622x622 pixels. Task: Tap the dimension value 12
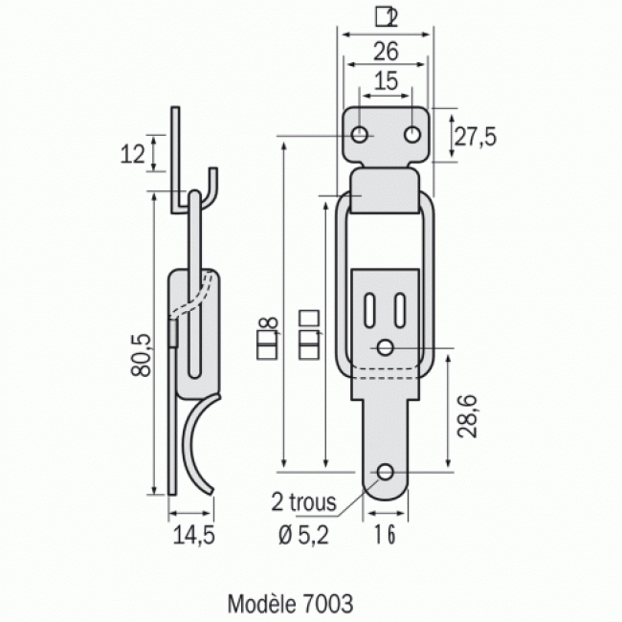click(x=135, y=153)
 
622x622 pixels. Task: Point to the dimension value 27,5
click(x=475, y=137)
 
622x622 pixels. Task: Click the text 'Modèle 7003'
click(x=291, y=604)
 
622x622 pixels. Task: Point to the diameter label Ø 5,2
click(x=304, y=536)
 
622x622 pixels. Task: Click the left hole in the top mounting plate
click(x=360, y=135)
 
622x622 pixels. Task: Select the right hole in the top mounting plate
click(x=411, y=135)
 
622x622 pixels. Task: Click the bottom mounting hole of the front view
click(x=385, y=473)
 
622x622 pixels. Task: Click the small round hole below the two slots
click(x=385, y=347)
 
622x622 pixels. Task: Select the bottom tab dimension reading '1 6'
click(x=385, y=536)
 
